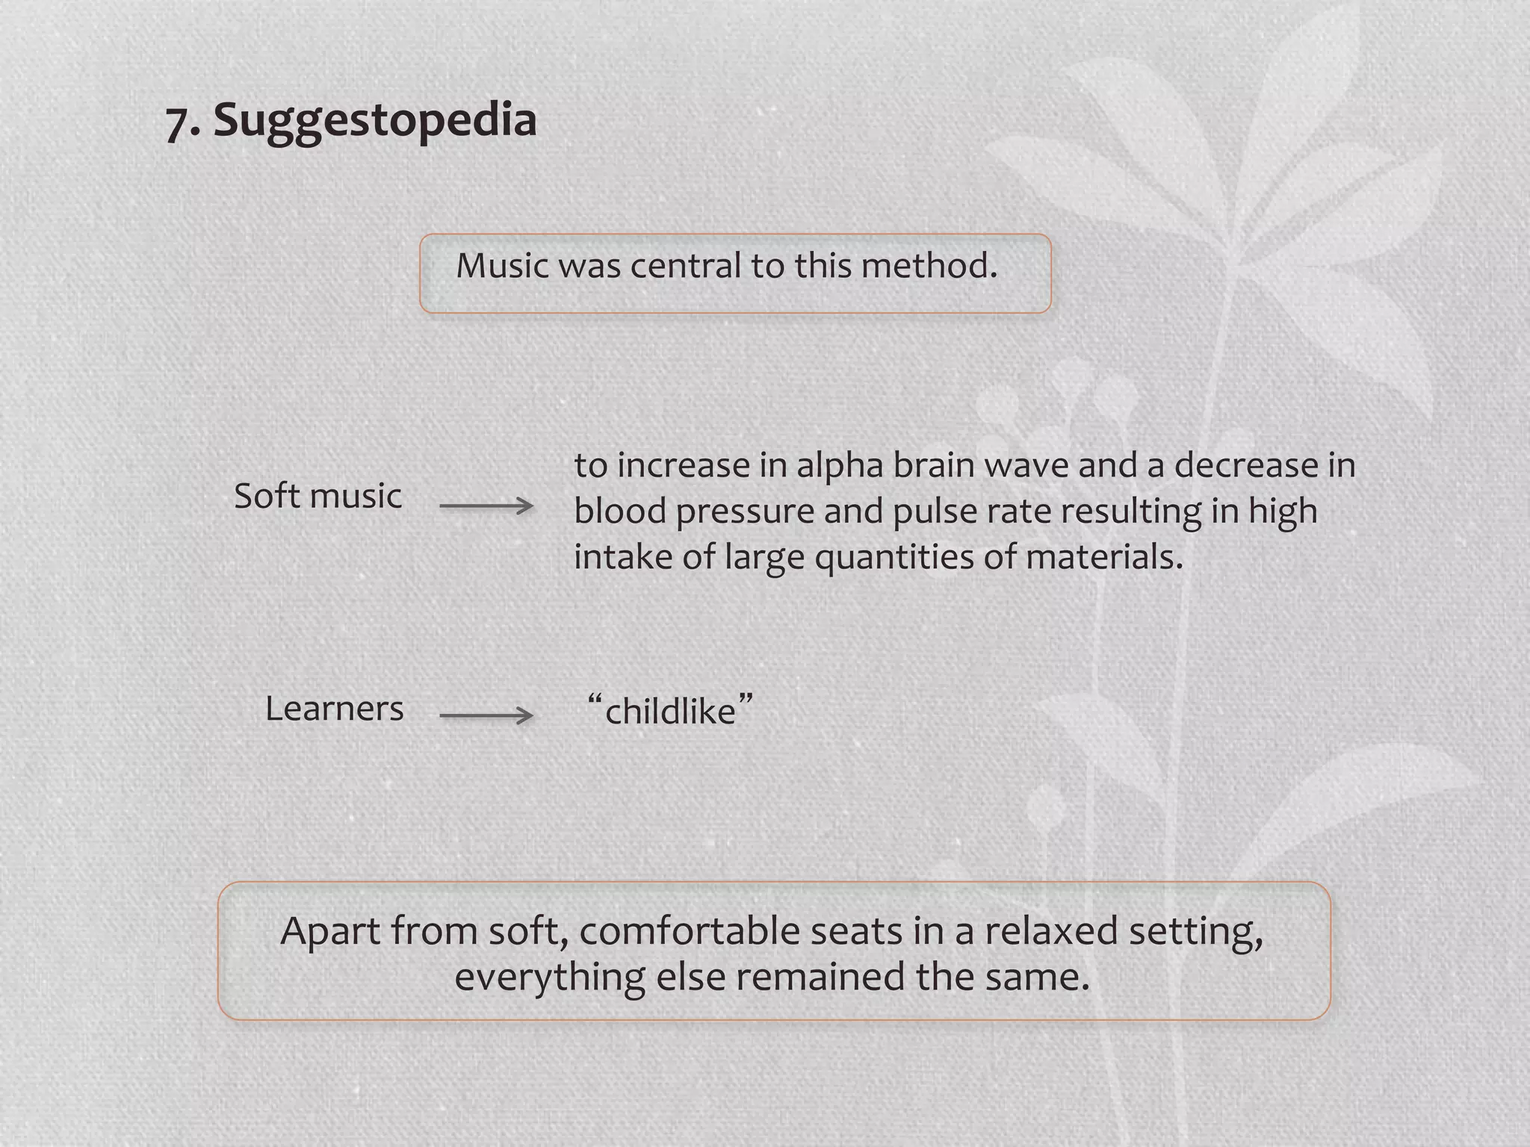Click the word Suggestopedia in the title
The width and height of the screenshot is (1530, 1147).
(375, 119)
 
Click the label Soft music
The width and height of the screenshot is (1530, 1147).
(318, 496)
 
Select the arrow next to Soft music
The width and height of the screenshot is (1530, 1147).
(486, 506)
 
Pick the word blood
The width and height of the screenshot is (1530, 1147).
(620, 512)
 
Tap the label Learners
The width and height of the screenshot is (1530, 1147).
(334, 709)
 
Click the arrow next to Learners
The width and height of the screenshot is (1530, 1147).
(486, 716)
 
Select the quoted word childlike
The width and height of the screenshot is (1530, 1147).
(670, 711)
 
